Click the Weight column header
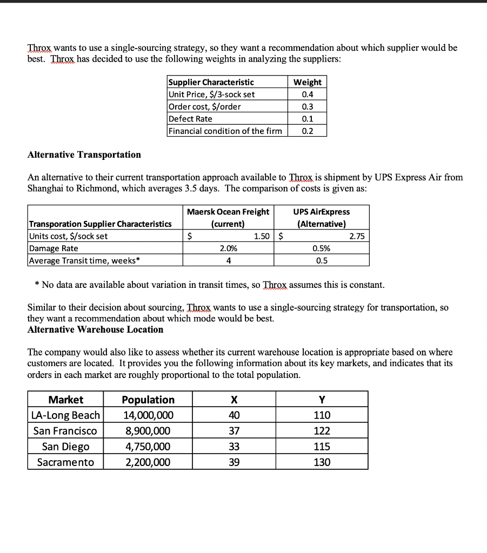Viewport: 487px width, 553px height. coord(308,82)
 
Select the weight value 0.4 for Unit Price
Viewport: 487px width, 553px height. coord(308,94)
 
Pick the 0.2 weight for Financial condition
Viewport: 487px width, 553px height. coord(308,131)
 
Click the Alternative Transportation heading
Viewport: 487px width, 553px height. coord(84,154)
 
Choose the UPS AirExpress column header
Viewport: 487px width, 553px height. coord(321,217)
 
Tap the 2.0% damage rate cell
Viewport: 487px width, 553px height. coord(228,248)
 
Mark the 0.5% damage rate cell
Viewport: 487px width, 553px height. coord(321,248)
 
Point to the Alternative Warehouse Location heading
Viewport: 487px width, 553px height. coord(95,329)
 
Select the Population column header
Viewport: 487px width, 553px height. coord(148,400)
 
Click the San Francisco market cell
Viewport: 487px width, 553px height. coord(65,431)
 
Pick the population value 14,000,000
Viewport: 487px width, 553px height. coord(148,415)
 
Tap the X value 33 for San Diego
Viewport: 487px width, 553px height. coord(234,447)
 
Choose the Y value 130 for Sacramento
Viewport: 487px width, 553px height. coord(322,462)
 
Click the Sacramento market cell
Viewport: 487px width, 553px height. coord(65,462)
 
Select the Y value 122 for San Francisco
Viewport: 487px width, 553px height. coord(322,431)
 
